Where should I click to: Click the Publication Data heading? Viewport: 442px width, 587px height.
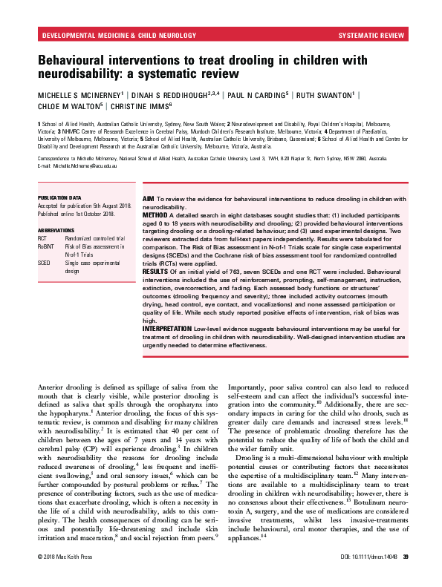point(60,198)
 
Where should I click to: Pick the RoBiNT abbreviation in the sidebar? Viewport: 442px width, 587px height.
point(47,246)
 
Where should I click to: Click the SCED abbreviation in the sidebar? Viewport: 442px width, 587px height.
point(44,262)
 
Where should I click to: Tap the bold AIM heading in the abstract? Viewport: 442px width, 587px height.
point(148,198)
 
